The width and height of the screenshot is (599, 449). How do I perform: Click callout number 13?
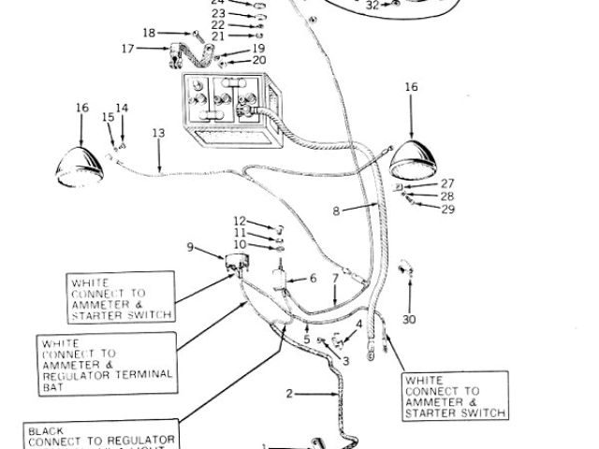point(157,134)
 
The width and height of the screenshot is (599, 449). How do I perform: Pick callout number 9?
point(192,247)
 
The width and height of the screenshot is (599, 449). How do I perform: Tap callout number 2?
point(289,394)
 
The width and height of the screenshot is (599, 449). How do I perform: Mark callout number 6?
point(314,278)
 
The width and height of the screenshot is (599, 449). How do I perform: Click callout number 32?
point(373,5)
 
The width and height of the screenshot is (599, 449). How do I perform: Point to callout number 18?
point(149,33)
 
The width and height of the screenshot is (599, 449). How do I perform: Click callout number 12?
point(239,221)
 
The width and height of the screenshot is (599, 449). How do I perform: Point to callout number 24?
point(217,2)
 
